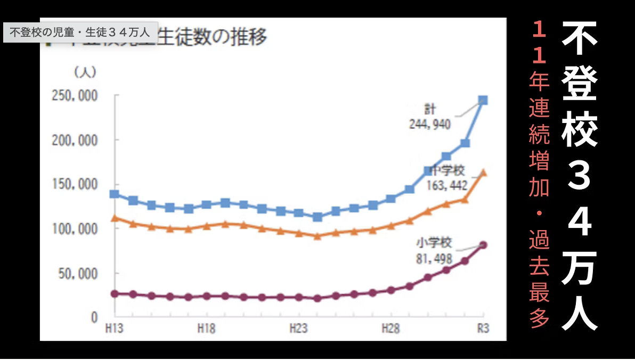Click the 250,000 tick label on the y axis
click(74, 96)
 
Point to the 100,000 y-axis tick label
click(74, 229)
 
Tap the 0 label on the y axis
click(94, 317)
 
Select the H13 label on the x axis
click(114, 329)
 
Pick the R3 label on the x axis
click(483, 329)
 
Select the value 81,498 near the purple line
click(434, 259)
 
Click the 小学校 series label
click(434, 244)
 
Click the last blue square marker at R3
click(483, 100)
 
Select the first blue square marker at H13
click(114, 194)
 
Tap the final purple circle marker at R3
click(483, 245)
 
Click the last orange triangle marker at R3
click(483, 173)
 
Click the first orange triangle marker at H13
click(114, 218)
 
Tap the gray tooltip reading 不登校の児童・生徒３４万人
click(80, 31)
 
